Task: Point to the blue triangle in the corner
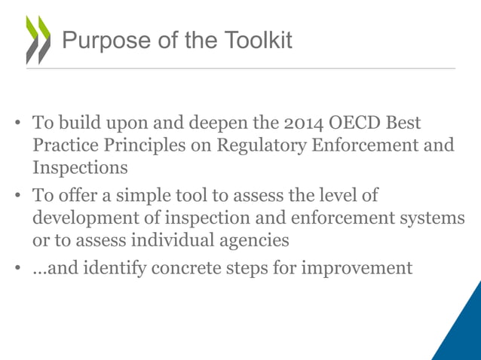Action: coord(461,331)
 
